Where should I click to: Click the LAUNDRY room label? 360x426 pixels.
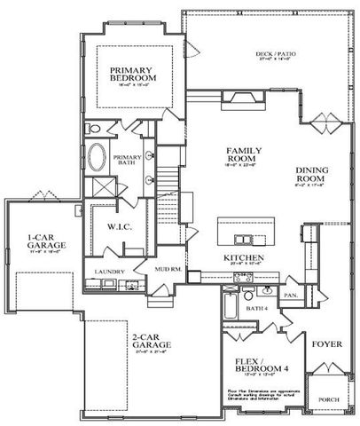112,271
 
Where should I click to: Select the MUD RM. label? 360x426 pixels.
168,267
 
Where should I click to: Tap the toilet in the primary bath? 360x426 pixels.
95,130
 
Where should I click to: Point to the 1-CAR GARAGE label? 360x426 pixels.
43,242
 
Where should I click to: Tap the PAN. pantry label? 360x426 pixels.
290,294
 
